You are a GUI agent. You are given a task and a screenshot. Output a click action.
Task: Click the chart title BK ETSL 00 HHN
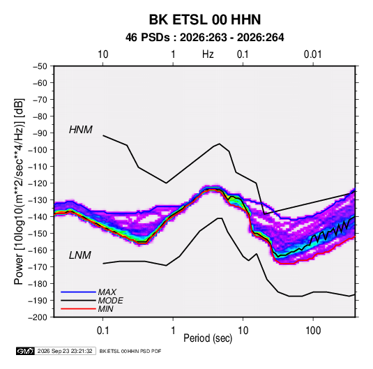[205, 20]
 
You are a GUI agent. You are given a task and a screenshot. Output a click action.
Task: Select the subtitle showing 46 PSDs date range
[204, 38]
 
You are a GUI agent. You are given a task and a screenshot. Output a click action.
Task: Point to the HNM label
[81, 130]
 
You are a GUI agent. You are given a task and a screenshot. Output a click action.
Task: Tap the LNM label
[80, 255]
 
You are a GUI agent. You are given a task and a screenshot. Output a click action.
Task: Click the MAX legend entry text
[107, 292]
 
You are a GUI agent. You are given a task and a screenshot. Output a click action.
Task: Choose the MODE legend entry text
[110, 301]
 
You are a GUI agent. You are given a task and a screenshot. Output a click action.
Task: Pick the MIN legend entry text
[105, 309]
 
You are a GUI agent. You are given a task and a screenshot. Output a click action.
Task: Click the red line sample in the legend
[78, 309]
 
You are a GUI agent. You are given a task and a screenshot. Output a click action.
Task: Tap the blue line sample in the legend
[78, 292]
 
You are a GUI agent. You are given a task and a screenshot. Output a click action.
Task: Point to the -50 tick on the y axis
[40, 66]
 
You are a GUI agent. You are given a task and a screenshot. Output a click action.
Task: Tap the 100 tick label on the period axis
[313, 331]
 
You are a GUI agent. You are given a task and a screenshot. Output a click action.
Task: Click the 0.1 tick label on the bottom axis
[102, 331]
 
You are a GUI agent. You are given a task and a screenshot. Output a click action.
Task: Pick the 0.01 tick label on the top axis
[313, 54]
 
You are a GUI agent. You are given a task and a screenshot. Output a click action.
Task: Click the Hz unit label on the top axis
[208, 54]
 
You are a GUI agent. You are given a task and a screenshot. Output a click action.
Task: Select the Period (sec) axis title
[208, 338]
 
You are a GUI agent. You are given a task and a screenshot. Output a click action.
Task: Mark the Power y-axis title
[19, 192]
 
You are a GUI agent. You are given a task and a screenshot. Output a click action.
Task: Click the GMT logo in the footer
[25, 351]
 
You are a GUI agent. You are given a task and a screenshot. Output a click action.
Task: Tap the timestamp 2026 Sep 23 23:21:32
[65, 351]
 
